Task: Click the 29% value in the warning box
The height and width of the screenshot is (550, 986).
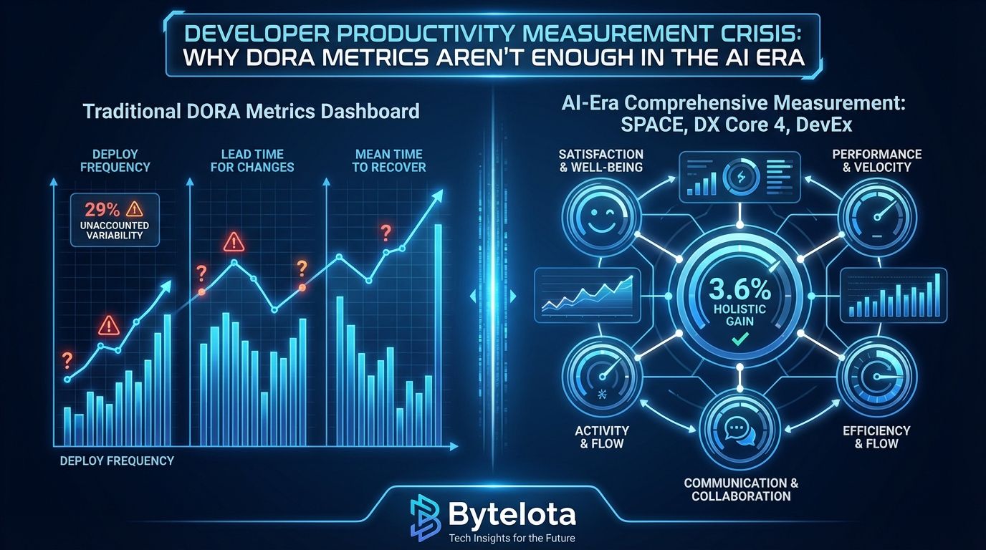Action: (x=102, y=210)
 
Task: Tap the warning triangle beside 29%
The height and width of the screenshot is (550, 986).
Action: (x=134, y=209)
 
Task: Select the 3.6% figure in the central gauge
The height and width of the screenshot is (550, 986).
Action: (x=740, y=289)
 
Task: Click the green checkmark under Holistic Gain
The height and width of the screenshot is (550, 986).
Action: (x=739, y=339)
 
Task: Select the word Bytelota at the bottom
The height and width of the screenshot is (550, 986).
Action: (x=512, y=514)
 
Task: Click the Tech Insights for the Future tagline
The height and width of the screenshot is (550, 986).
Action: (x=512, y=538)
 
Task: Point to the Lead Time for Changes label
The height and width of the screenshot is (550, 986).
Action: (x=252, y=160)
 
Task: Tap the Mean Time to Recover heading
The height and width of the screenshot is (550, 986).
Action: (x=389, y=160)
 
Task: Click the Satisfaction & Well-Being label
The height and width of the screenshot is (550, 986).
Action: (x=600, y=160)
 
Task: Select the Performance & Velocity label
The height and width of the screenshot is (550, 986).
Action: (x=877, y=160)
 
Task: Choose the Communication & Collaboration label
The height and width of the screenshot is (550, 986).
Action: (x=741, y=490)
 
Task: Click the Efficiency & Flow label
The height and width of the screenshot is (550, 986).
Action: (x=876, y=437)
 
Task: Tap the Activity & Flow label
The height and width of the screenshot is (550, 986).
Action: (x=602, y=437)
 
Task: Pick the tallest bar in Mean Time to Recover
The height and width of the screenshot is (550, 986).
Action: (x=438, y=335)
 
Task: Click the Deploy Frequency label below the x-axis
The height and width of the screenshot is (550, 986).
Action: (x=117, y=460)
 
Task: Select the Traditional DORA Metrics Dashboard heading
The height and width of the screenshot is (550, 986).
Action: (x=252, y=111)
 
